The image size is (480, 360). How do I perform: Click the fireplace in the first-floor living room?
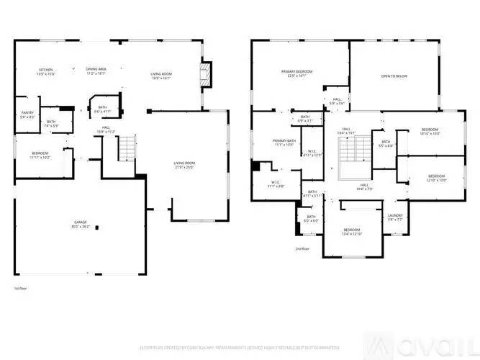pos(206,73)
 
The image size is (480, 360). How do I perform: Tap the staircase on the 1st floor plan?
pos(126,148)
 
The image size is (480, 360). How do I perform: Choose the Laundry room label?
pos(394,217)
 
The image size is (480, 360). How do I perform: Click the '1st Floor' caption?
pos(21,288)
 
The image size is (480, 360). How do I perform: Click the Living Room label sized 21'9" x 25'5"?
pos(185,165)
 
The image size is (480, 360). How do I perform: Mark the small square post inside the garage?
pos(97,229)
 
